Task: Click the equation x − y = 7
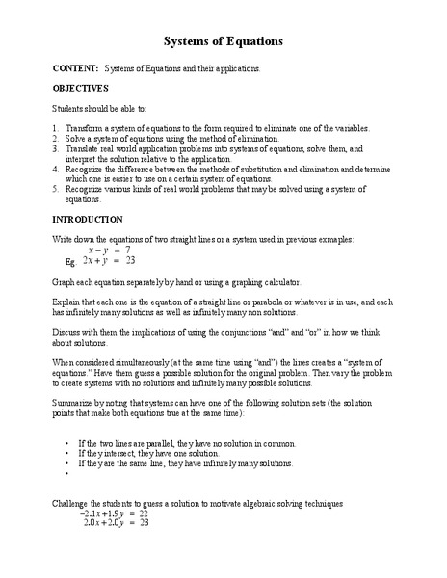click(107, 249)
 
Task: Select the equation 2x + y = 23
click(107, 260)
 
